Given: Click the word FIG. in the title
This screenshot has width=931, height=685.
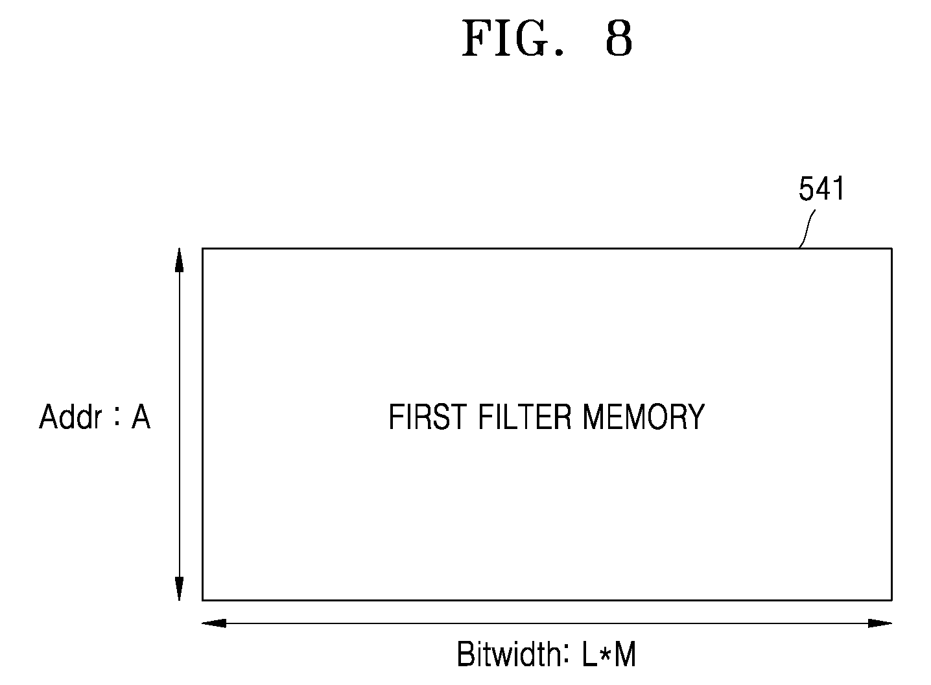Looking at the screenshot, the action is coord(513,38).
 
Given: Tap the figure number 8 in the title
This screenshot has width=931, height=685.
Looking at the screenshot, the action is coord(619,38).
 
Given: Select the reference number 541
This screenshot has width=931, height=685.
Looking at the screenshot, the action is coord(821,189).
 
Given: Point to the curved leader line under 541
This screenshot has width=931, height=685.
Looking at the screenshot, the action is coord(807,229).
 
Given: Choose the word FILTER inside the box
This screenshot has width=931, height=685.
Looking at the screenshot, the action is coord(525,417).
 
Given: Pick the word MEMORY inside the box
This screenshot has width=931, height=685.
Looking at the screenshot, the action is coord(643,417).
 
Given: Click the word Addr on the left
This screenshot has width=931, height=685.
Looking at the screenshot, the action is coord(70,417).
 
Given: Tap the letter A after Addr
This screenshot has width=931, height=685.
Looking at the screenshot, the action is coord(141,417).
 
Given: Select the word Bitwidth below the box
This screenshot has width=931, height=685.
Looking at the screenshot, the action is coord(510,655).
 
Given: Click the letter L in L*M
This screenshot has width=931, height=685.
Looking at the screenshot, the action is coord(590,655).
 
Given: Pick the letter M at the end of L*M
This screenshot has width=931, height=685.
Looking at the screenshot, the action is coord(626,655).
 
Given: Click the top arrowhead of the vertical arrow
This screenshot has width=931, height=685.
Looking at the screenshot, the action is coord(179,260).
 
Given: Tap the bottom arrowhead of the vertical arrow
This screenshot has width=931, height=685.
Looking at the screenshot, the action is coord(179,588).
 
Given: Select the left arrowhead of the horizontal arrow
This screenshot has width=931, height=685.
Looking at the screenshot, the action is coord(214,623).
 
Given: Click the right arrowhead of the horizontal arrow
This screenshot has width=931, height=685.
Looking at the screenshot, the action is coord(880,623).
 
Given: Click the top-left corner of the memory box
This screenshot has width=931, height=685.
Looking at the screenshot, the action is coord(202,248).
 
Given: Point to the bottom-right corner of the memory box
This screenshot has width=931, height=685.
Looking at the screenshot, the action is coord(892,600).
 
